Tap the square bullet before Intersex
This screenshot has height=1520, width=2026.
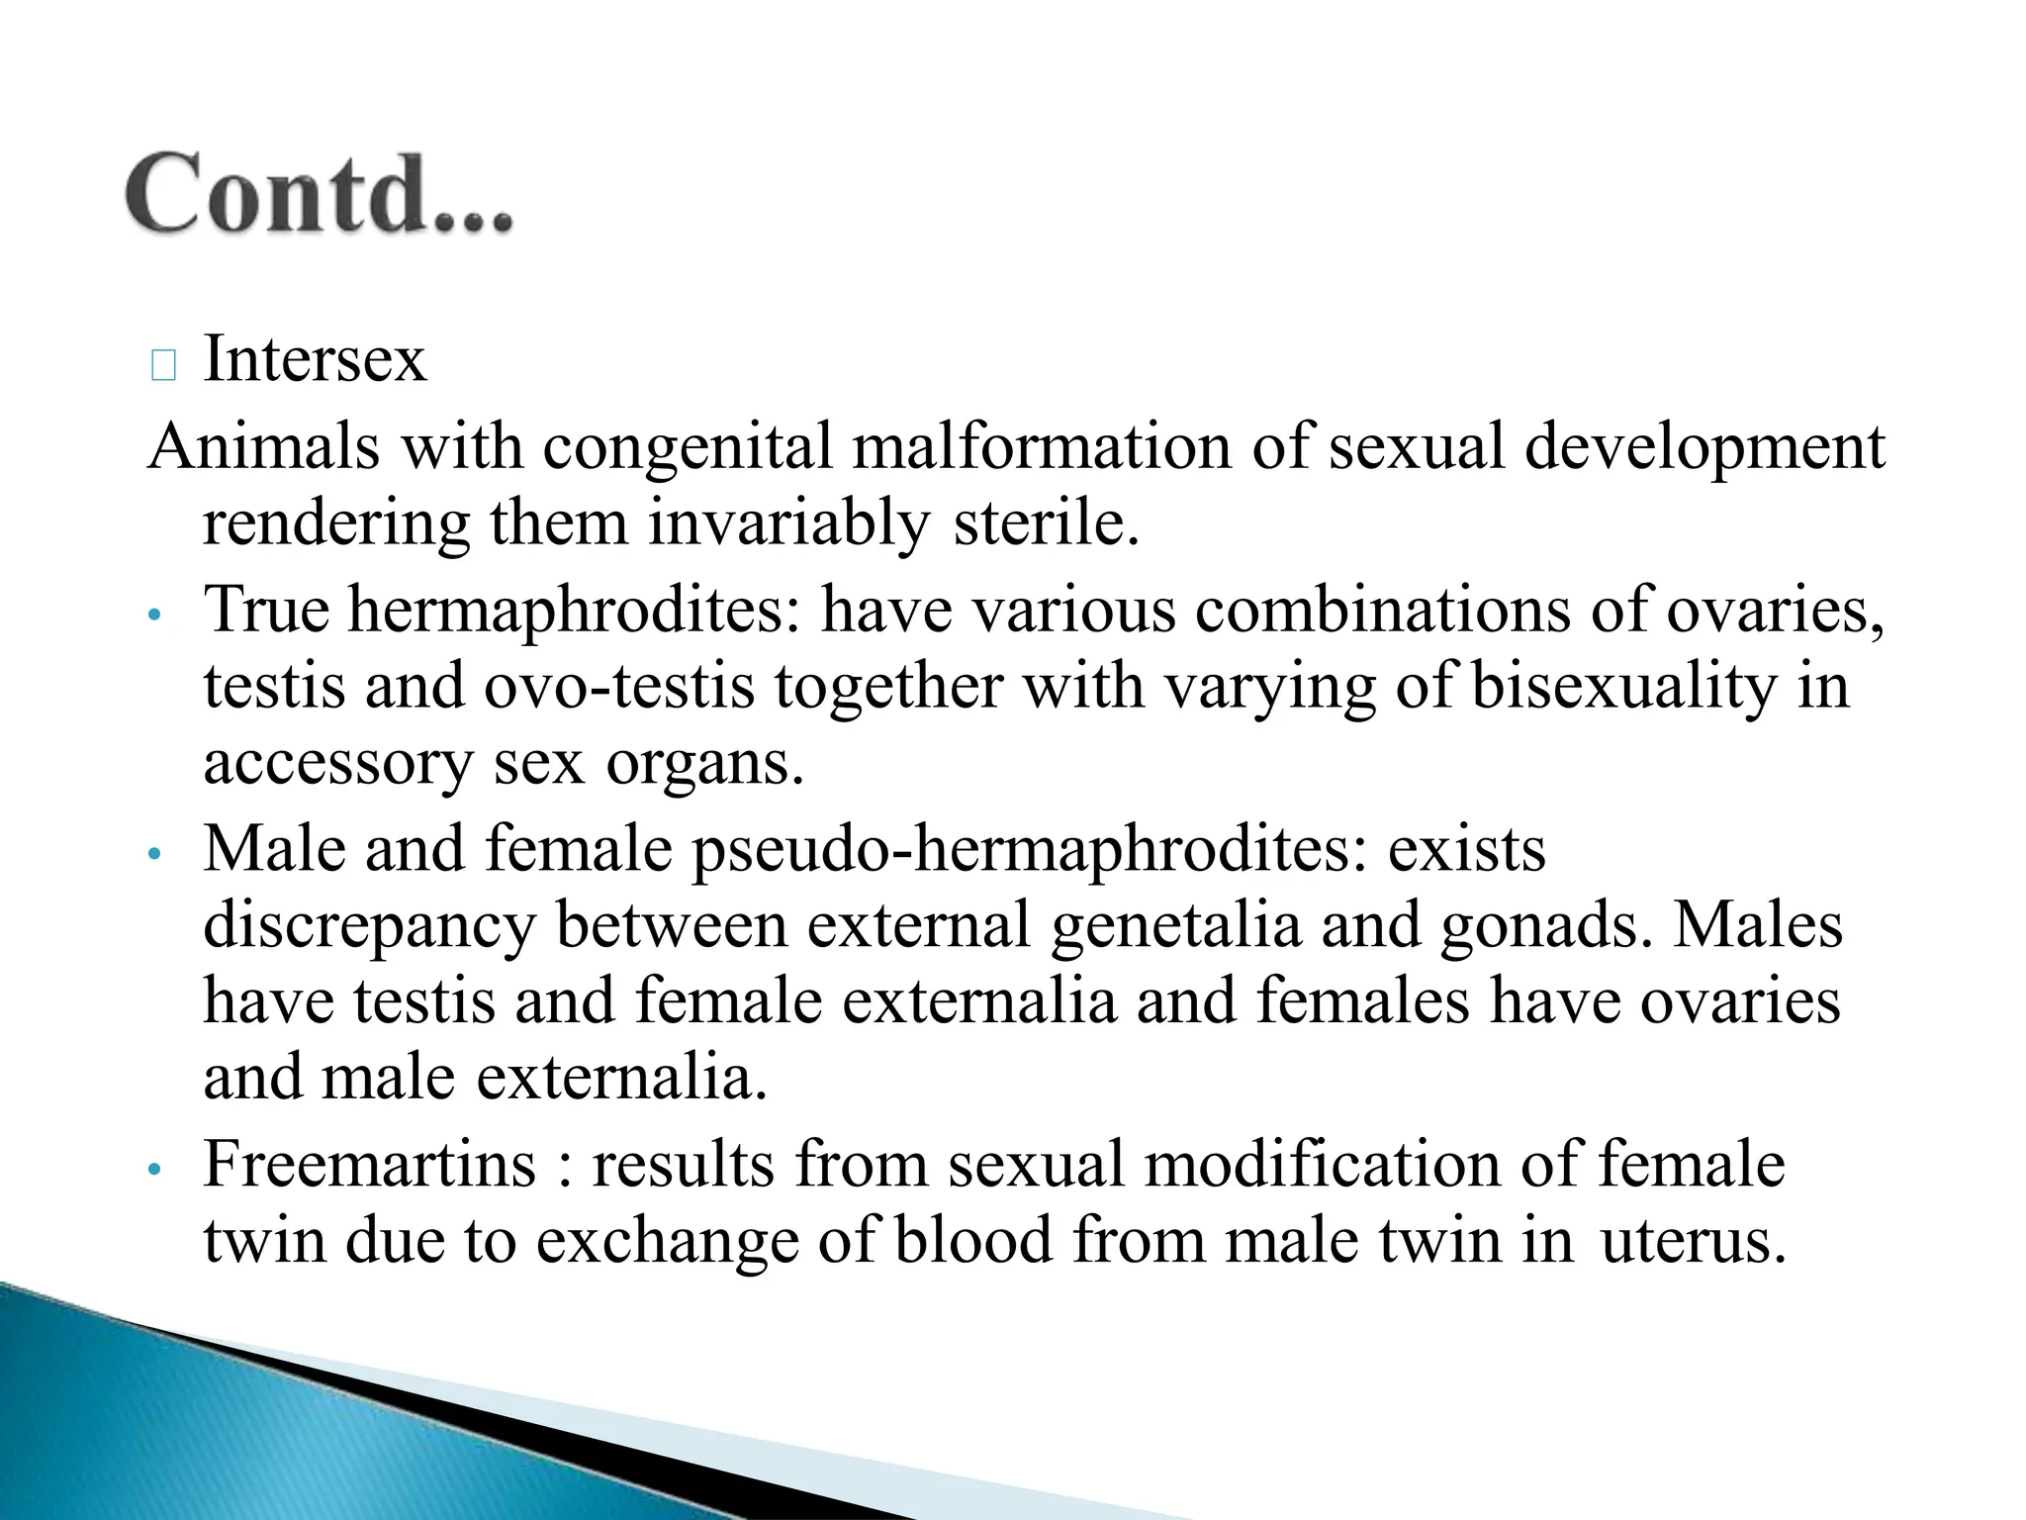[x=164, y=366]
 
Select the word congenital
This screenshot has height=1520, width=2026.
[x=688, y=447]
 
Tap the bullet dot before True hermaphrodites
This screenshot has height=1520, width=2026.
[x=152, y=616]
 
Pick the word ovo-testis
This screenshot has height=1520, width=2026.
[x=619, y=686]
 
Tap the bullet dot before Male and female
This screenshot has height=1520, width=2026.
[x=152, y=854]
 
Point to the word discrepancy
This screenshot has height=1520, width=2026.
[x=369, y=926]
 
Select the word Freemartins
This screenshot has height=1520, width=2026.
[x=369, y=1165]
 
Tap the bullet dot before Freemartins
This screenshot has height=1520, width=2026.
[x=152, y=1170]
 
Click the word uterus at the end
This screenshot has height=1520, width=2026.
[x=1693, y=1241]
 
